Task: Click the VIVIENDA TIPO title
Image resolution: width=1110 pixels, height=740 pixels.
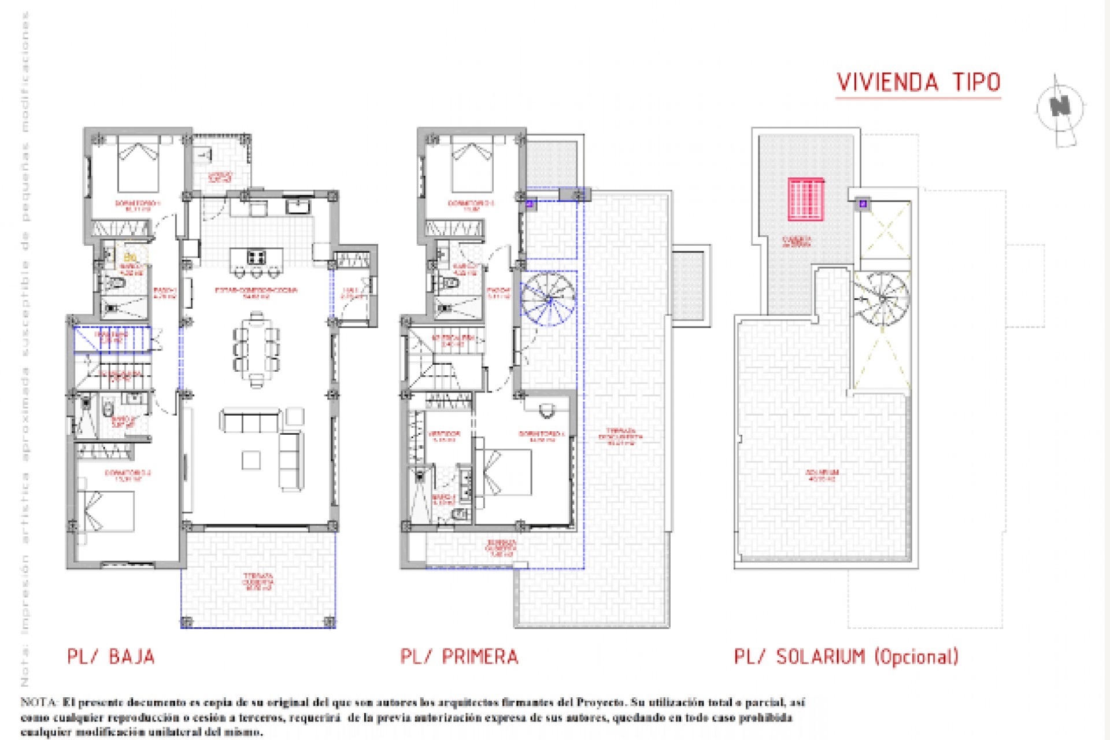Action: (918, 83)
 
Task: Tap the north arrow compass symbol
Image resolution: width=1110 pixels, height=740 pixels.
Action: (1060, 108)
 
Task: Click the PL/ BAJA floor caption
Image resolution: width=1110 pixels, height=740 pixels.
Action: (111, 657)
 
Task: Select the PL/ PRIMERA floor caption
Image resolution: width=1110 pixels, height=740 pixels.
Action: (459, 657)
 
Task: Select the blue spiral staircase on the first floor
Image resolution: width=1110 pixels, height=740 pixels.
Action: (548, 299)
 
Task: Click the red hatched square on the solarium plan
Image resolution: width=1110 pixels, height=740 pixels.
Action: (805, 199)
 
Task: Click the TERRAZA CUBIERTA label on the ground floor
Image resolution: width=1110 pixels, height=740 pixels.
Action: (258, 581)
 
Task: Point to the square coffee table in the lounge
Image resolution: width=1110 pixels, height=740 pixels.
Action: (251, 460)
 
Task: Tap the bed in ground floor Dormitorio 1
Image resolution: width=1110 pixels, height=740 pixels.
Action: (138, 164)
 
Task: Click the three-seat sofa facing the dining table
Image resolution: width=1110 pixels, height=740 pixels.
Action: (250, 421)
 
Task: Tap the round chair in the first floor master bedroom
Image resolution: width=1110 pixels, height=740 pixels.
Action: (546, 411)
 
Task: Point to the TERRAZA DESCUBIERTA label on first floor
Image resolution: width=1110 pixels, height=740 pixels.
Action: (620, 436)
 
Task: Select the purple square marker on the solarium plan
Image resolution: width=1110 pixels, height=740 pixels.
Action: (863, 203)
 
